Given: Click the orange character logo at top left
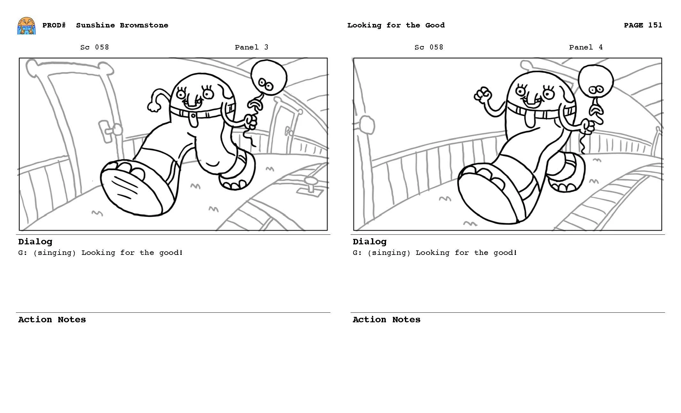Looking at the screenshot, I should (x=26, y=26).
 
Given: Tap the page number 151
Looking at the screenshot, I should (x=655, y=25).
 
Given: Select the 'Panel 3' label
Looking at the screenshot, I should (x=252, y=47).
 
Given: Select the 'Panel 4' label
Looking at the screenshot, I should (x=586, y=47).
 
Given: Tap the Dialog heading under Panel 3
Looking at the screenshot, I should (x=35, y=242).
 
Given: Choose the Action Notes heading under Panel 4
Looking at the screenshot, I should (x=386, y=320).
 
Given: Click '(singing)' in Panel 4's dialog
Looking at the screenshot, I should (x=389, y=253).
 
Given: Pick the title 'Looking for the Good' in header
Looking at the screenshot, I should (x=396, y=25).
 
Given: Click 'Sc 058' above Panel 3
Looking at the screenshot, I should (x=95, y=47).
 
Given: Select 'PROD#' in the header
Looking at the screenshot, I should (x=54, y=25).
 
